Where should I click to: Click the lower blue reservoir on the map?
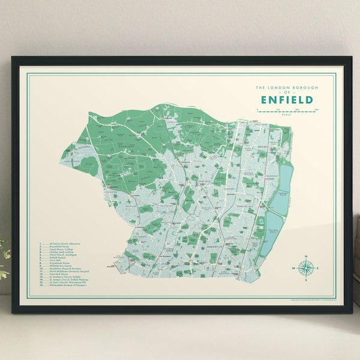click(274, 230)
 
